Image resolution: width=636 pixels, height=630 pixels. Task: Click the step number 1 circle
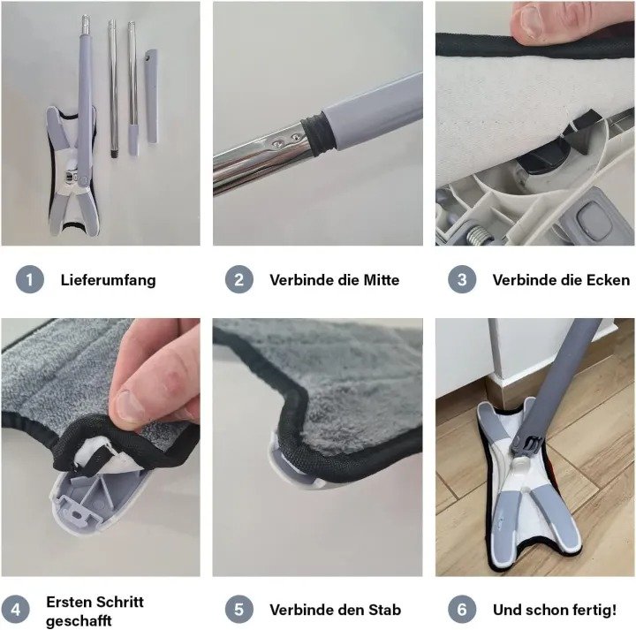click(30, 279)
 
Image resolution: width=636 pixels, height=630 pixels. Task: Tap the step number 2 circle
click(239, 279)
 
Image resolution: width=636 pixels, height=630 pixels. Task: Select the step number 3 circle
click(462, 279)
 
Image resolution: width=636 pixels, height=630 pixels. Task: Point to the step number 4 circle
click(15, 610)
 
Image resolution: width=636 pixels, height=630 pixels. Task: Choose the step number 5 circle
click(239, 610)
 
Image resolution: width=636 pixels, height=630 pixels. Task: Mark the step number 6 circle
click(462, 610)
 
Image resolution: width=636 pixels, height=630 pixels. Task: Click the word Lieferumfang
click(109, 280)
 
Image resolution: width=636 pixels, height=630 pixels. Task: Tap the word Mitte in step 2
click(382, 280)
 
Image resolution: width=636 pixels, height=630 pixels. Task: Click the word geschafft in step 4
click(79, 621)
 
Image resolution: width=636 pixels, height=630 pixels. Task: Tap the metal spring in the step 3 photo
click(478, 235)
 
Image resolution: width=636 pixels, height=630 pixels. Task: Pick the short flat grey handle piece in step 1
click(151, 96)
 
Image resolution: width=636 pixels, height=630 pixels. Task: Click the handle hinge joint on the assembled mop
click(527, 444)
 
